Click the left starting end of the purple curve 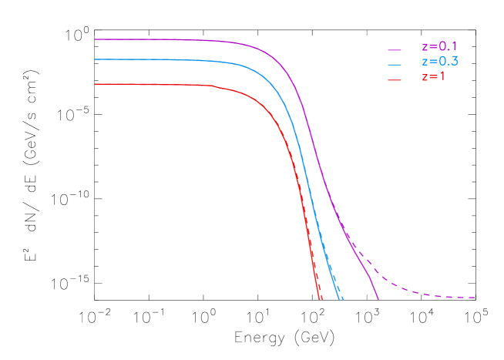[x=95, y=39]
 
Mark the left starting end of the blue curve [x=95, y=59]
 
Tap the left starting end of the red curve [x=95, y=84]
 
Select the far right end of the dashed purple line [x=475, y=298]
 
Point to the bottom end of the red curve [x=319, y=299]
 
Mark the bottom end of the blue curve [x=341, y=299]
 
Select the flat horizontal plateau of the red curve [x=154, y=84]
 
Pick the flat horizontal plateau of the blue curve [x=154, y=59]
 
